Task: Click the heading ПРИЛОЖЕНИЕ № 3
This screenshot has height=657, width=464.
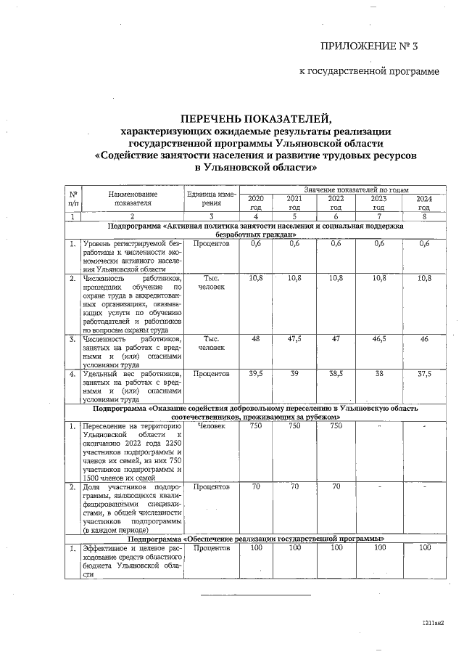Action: point(370,47)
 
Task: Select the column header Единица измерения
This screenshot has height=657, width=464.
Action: point(210,199)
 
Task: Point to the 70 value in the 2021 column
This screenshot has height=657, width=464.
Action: point(294,486)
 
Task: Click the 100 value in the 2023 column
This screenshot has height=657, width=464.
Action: point(378,548)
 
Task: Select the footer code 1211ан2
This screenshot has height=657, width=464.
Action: point(433,623)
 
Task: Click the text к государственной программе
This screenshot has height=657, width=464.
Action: point(370,72)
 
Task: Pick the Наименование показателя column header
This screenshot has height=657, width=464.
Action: point(132,199)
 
